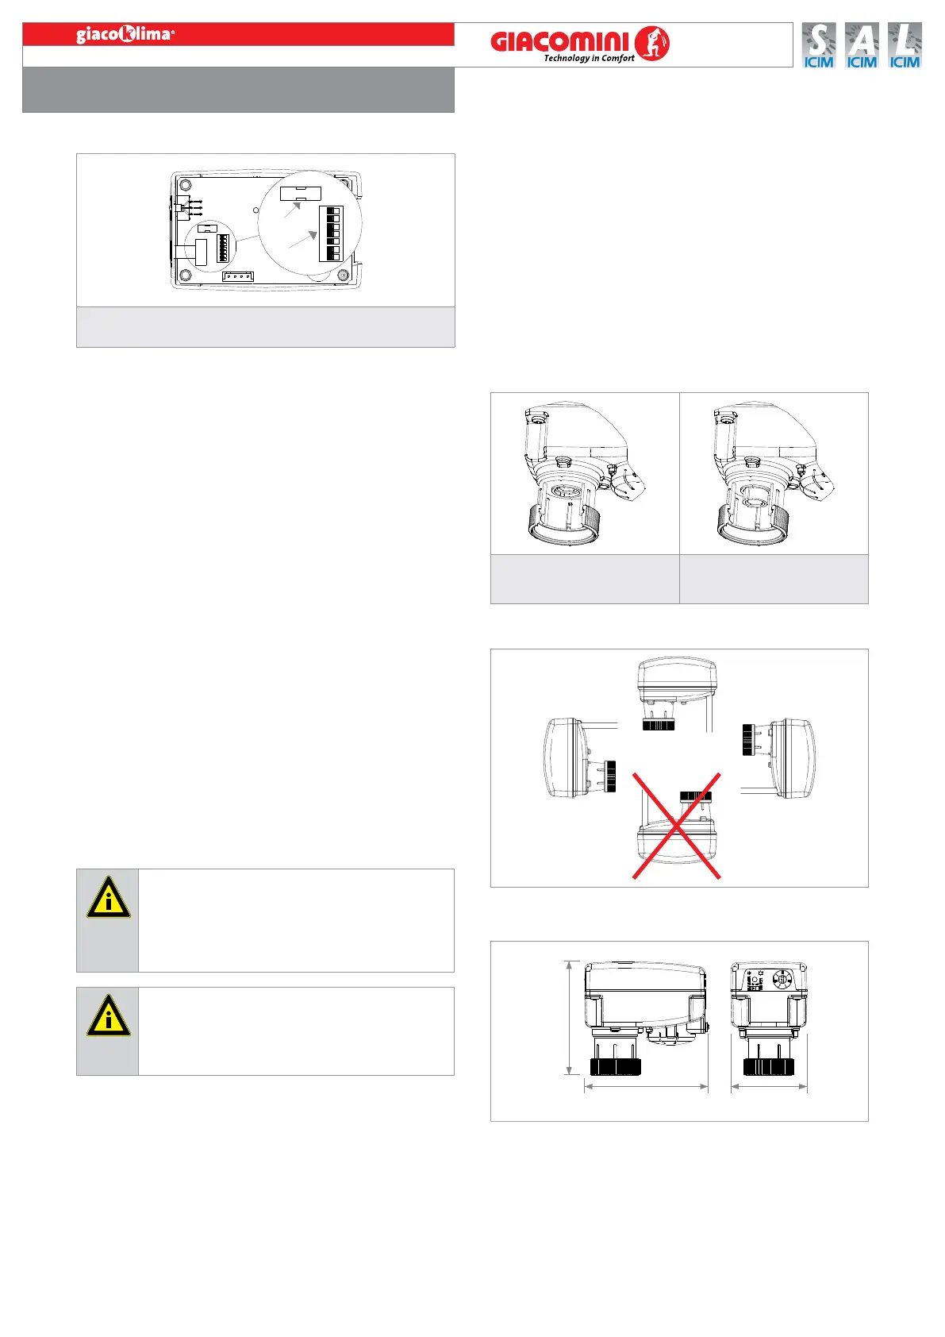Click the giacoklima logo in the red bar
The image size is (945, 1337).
[x=125, y=34]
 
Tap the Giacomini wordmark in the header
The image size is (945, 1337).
[x=559, y=41]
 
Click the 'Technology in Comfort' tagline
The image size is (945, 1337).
[x=589, y=58]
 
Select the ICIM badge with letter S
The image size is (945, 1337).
[x=819, y=45]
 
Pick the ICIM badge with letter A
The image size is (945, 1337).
[x=862, y=45]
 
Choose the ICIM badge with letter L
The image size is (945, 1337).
[x=905, y=45]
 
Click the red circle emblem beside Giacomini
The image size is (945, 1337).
[x=652, y=43]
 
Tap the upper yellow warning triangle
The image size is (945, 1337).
[x=108, y=899]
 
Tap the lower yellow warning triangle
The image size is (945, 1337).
[x=108, y=1016]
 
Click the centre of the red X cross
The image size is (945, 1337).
[x=676, y=826]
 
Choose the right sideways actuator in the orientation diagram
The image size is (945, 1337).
[x=782, y=758]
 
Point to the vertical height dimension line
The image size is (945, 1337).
[x=569, y=1018]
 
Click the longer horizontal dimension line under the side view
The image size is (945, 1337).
[x=646, y=1087]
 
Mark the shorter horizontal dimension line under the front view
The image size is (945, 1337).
[x=769, y=1087]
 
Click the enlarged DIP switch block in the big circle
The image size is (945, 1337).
[x=329, y=233]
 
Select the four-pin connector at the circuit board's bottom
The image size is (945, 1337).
[x=238, y=276]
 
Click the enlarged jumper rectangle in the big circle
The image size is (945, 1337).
[x=300, y=194]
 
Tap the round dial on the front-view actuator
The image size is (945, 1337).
[x=782, y=979]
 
